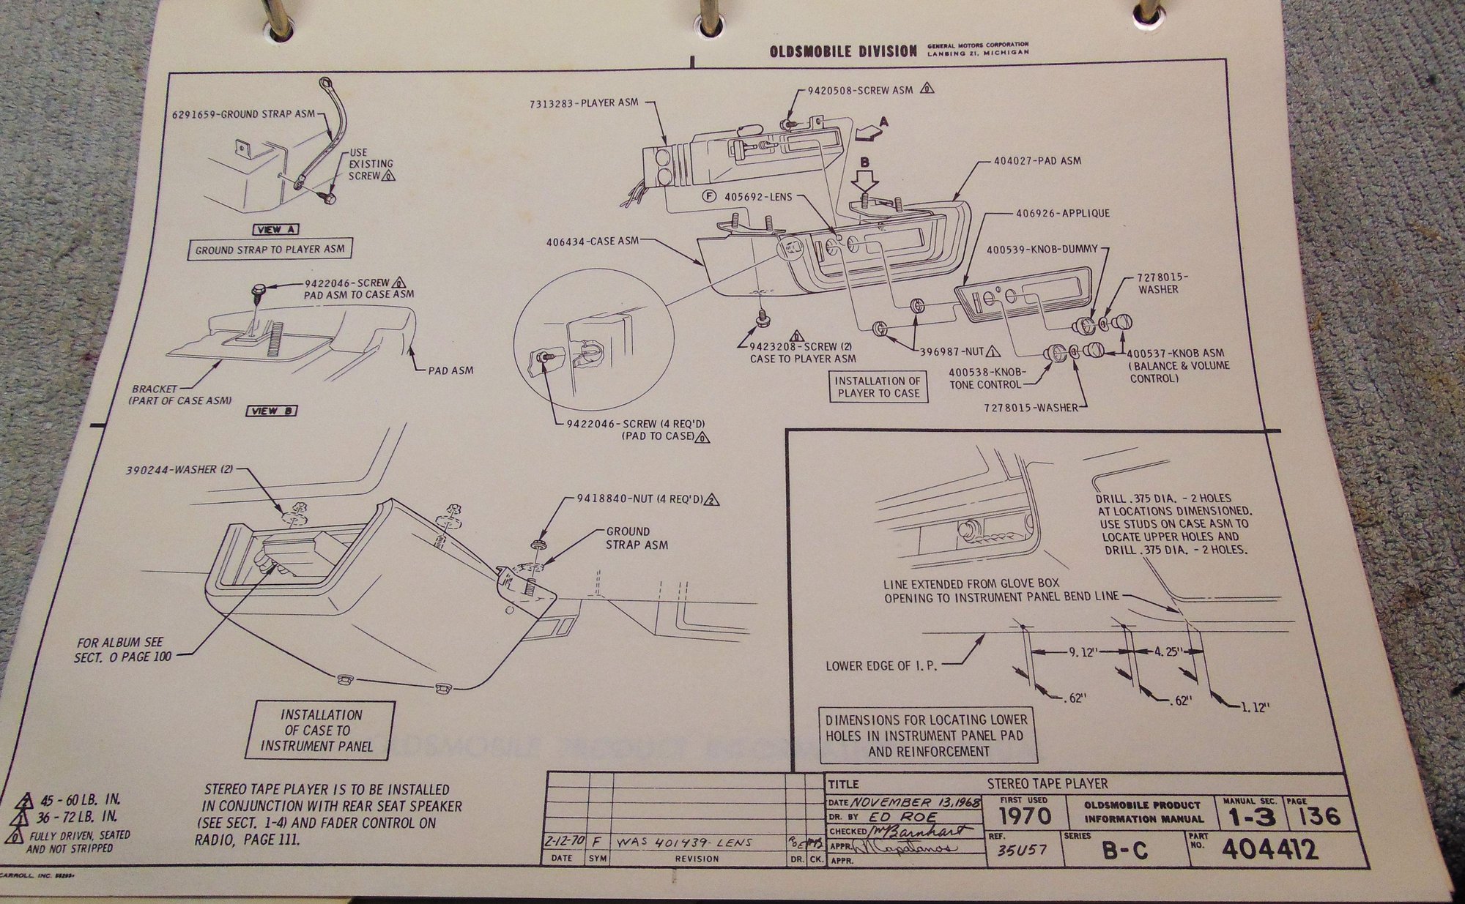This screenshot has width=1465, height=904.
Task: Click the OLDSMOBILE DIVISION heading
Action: [842, 51]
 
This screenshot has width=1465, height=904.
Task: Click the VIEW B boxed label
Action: [271, 411]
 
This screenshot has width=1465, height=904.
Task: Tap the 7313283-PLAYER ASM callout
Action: [584, 103]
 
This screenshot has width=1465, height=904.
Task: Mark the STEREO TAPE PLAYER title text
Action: [1047, 784]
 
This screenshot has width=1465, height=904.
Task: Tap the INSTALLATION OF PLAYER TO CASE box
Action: [878, 386]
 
